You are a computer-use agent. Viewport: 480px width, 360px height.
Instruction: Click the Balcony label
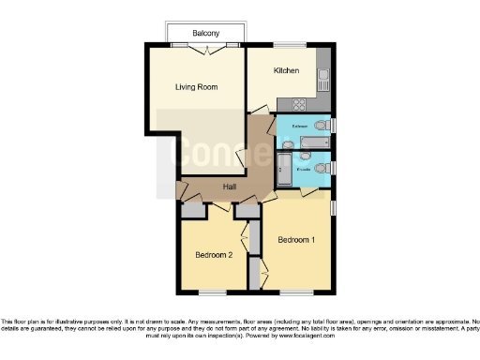click(x=206, y=33)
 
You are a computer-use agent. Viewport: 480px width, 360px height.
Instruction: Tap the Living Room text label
click(x=196, y=87)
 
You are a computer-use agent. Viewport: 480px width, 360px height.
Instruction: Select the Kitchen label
click(x=286, y=70)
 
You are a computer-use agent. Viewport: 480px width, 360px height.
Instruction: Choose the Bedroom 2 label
click(x=213, y=254)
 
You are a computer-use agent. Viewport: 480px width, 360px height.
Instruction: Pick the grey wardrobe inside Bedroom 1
click(x=255, y=272)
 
